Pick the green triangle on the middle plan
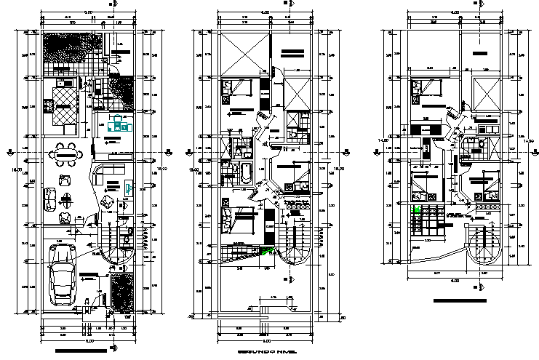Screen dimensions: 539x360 [x=269, y=252]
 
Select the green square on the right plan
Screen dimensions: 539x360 [x=418, y=209]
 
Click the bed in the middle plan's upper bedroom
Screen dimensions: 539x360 [x=237, y=89]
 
